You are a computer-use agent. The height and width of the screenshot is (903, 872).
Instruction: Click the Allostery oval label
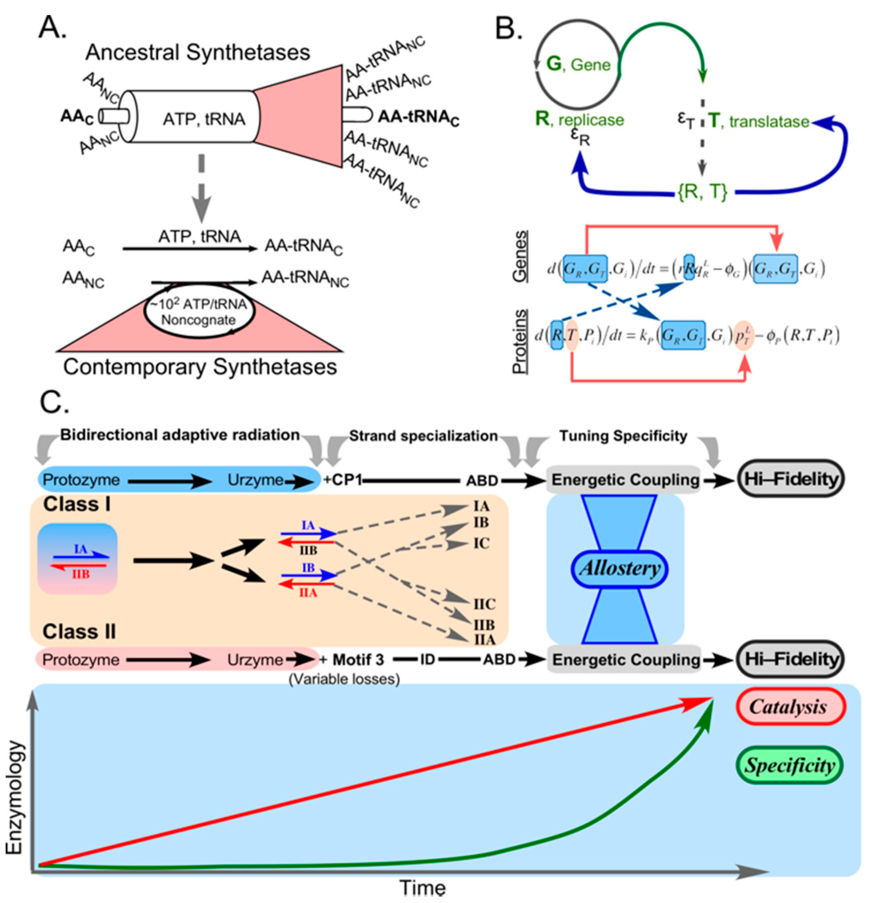620,568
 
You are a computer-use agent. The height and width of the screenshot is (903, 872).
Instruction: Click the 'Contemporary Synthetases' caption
200,367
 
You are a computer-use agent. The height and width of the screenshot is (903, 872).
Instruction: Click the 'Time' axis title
423,888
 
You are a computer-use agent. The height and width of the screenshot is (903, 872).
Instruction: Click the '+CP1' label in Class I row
343,480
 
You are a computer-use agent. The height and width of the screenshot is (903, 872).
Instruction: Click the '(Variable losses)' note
344,679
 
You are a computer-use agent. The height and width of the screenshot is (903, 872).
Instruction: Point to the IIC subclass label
484,604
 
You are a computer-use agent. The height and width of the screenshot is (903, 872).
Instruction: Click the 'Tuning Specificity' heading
623,436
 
